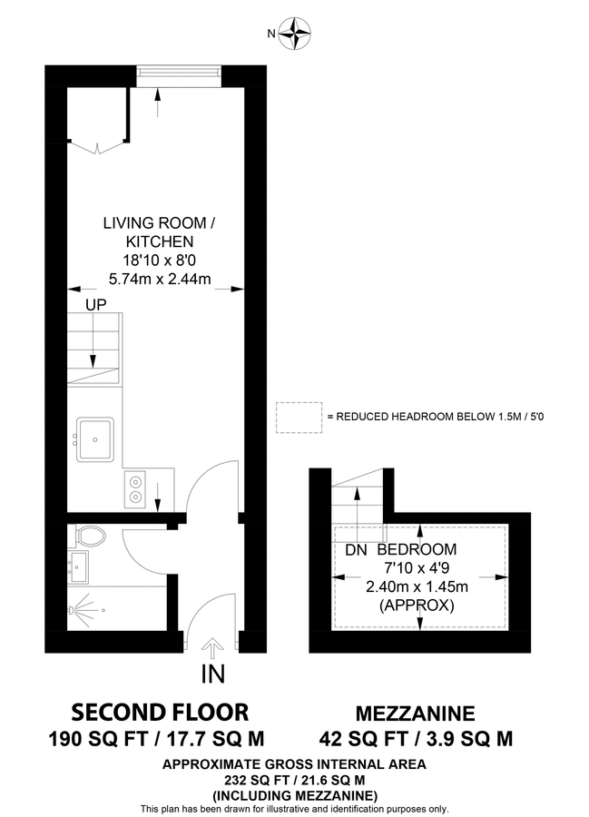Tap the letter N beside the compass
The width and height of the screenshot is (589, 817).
coord(270,34)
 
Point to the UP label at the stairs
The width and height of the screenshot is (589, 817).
coord(94,306)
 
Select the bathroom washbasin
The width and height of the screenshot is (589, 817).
coord(78,568)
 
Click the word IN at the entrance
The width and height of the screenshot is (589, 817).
coord(213,674)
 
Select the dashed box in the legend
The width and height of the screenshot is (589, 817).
coord(299,416)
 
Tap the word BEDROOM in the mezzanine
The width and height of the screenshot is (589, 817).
coord(417,550)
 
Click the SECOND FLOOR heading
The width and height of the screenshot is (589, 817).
coord(160,711)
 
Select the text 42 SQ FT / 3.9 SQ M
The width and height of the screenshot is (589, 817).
coord(417,738)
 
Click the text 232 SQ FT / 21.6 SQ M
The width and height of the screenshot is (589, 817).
coord(294,780)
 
